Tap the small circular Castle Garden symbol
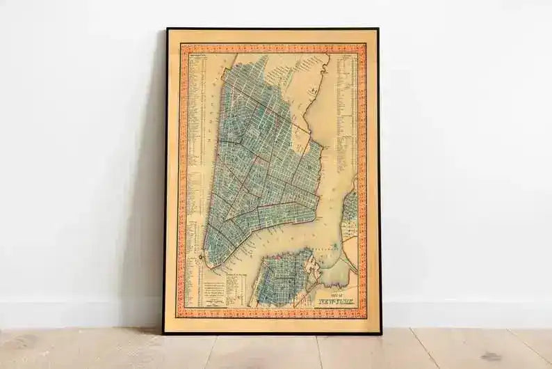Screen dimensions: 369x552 pos(200,257)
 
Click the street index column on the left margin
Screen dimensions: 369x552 pos(197,139)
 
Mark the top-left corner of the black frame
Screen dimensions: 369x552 pos(167,29)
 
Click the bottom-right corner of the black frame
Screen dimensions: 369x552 pos(380,333)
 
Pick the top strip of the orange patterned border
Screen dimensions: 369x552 pos(273,49)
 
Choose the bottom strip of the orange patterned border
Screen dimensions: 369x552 pos(273,313)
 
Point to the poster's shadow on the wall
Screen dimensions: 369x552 pos(149,209)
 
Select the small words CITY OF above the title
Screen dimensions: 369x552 pos(332,295)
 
